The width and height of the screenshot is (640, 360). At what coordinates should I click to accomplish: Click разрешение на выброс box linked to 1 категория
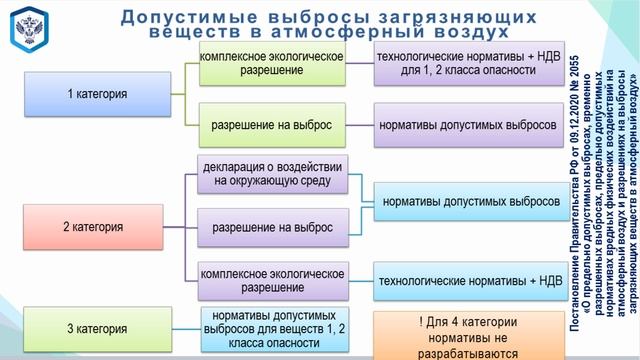click(272, 127)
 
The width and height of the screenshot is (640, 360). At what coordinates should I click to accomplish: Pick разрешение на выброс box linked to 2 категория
click(272, 228)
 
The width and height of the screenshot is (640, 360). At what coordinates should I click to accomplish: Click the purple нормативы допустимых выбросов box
click(468, 127)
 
